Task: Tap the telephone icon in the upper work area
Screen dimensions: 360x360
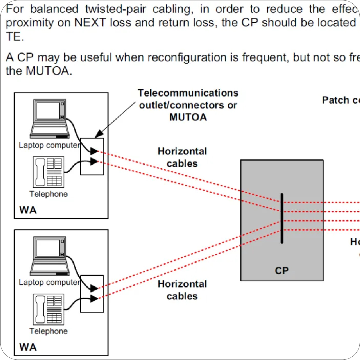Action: tap(49, 172)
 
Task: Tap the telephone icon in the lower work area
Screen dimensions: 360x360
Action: tap(49, 309)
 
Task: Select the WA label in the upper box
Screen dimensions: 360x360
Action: tap(28, 210)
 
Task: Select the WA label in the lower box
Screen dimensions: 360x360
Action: tap(28, 347)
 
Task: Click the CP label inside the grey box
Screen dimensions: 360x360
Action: tap(282, 270)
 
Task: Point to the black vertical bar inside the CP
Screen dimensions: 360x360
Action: tap(282, 218)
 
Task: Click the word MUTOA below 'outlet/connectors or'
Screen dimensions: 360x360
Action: tap(188, 117)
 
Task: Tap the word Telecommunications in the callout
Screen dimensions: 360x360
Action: tap(188, 93)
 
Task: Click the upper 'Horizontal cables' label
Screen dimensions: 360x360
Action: tap(182, 157)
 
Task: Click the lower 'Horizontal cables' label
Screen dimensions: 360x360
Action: tap(182, 290)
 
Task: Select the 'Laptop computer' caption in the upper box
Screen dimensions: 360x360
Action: tap(49, 145)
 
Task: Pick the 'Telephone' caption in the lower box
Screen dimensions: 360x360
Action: tap(49, 331)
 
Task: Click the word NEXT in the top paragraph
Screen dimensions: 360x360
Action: tap(90, 23)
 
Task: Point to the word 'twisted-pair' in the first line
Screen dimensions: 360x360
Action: tap(115, 9)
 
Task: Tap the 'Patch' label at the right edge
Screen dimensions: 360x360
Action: tap(335, 100)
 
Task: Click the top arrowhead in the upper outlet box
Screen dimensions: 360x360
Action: tap(94, 151)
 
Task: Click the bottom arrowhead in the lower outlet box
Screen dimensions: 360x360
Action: tap(94, 298)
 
